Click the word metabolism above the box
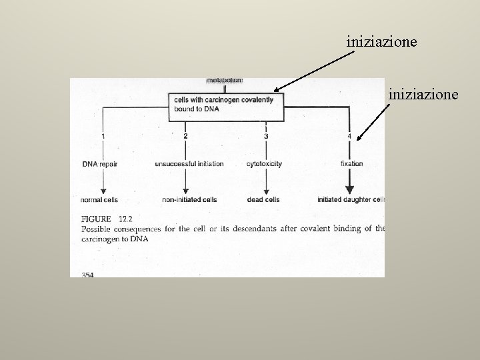coord(225,81)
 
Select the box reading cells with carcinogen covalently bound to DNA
coord(226,105)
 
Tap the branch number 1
coord(103,137)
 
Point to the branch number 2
coord(185,137)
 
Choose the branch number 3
coord(266,137)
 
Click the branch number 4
coord(349,137)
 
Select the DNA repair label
coord(100,164)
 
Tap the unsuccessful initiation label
coord(189,164)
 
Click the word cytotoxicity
coord(265,164)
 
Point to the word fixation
coord(351,164)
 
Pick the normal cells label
coord(99,199)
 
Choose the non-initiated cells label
coord(189,199)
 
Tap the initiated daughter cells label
coord(351,199)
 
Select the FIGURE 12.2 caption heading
coord(107,219)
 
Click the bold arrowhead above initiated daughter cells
coord(349,191)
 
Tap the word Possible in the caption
coord(97,229)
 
